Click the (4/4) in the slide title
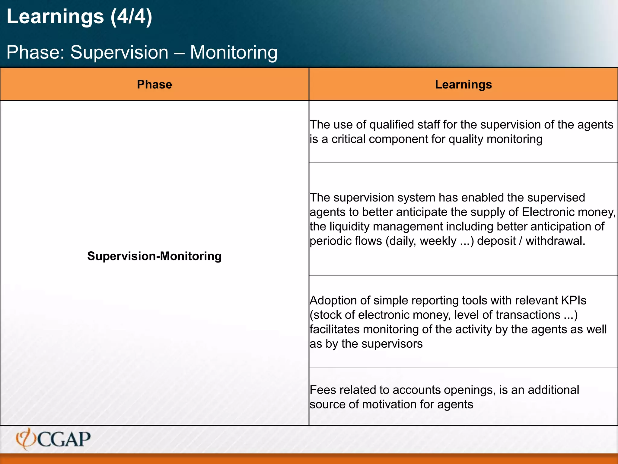pyautogui.click(x=131, y=17)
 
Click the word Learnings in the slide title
pyautogui.click(x=55, y=17)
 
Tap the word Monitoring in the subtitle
pyautogui.click(x=234, y=52)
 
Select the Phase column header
pyautogui.click(x=154, y=85)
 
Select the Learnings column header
pyautogui.click(x=463, y=85)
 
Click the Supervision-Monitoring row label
pyautogui.click(x=154, y=256)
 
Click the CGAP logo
pyautogui.click(x=53, y=439)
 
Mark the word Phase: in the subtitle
pyautogui.click(x=36, y=52)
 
